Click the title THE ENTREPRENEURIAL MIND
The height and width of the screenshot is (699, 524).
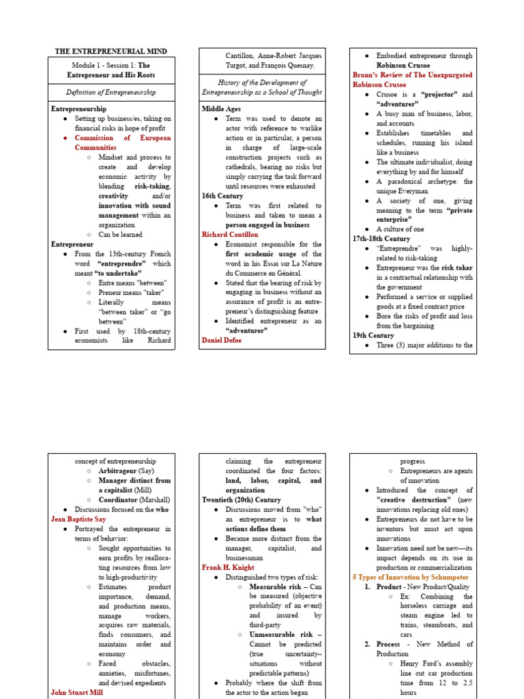coord(111,52)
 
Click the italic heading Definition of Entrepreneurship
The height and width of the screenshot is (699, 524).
coord(111,92)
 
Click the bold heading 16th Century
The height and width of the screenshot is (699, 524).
coord(222,196)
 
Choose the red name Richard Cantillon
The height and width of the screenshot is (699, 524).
coord(230,234)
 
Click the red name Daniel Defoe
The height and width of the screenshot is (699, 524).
coord(222,339)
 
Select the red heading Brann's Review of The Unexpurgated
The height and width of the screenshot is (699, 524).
coord(413,75)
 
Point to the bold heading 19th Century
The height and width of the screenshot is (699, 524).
coord(373,335)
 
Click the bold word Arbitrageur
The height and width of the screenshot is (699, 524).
coord(117,471)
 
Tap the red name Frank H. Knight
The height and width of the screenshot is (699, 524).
coord(230,567)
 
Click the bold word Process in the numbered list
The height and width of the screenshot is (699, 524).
coord(390,644)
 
